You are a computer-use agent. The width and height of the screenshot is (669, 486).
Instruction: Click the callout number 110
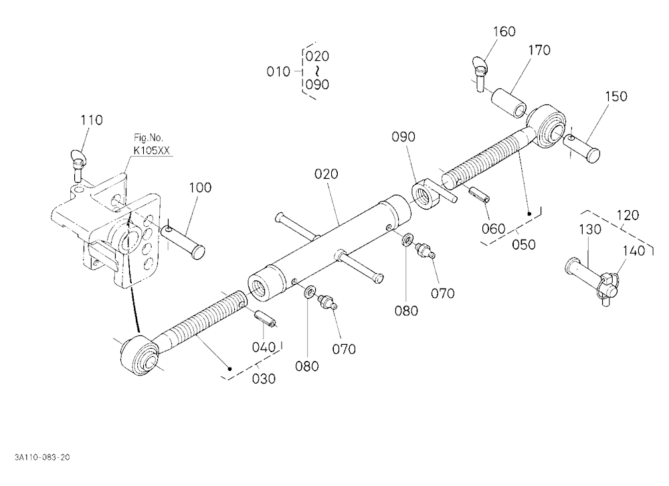point(92,120)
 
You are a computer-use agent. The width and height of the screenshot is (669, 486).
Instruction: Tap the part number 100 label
point(200,187)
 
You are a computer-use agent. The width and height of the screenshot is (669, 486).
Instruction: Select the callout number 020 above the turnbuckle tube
point(326,174)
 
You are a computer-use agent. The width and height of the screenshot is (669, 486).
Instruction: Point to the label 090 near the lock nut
point(403,137)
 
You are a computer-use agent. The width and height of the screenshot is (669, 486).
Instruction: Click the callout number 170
point(539,50)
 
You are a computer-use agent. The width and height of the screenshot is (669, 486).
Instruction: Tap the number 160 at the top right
point(504,31)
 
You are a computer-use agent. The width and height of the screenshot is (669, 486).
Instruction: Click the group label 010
point(278,72)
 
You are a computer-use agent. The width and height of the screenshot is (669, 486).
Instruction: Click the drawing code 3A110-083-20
point(42,457)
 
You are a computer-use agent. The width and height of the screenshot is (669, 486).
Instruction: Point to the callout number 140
point(634,250)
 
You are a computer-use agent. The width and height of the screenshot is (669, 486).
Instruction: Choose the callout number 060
point(493,229)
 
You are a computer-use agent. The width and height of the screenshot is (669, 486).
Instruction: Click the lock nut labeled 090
point(425,196)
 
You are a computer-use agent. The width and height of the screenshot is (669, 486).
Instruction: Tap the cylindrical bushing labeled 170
point(509,103)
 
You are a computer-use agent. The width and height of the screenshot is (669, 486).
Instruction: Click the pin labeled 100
point(183,242)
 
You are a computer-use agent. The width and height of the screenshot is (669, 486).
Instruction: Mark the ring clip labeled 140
point(609,282)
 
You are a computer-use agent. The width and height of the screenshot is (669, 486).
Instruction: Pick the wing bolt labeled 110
point(78,165)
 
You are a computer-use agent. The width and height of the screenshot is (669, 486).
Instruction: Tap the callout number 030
point(264,379)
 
